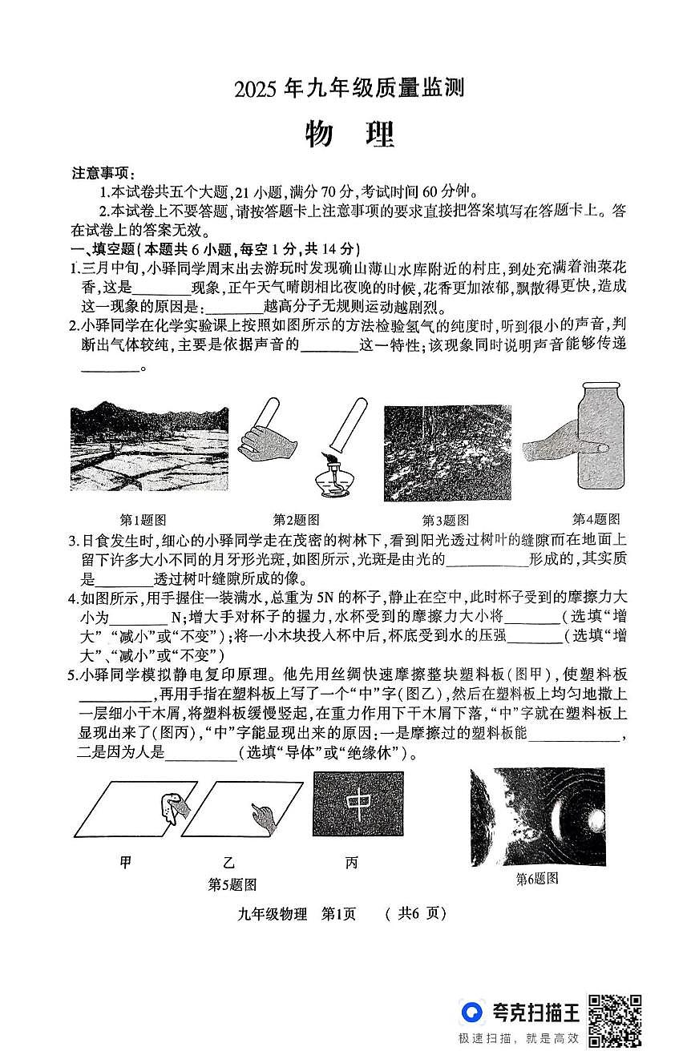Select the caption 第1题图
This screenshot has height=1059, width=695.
[x=142, y=519]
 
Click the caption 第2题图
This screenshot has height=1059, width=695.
[x=296, y=519]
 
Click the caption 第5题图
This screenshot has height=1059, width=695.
[x=232, y=884]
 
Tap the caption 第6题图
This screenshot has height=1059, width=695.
[x=536, y=879]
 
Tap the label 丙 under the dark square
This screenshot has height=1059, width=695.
[x=351, y=862]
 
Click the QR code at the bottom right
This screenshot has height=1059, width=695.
[x=615, y=1020]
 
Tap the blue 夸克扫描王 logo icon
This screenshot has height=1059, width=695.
[x=473, y=1012]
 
